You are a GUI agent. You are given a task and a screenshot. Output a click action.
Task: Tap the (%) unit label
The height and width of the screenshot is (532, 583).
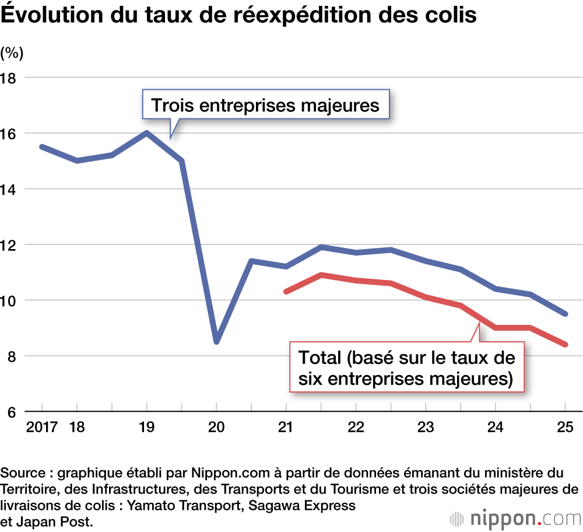pyautogui.click(x=12, y=54)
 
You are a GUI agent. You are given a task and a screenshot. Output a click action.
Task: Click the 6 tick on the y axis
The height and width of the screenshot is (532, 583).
pyautogui.click(x=11, y=412)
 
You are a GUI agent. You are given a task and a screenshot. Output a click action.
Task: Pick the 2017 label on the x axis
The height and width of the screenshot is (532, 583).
pyautogui.click(x=41, y=427)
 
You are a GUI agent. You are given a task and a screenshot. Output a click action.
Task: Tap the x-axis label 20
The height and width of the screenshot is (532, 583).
pyautogui.click(x=216, y=427)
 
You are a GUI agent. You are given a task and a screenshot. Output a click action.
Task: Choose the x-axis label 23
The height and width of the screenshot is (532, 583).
pyautogui.click(x=425, y=427)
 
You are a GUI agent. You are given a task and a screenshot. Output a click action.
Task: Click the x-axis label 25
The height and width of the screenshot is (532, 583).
pyautogui.click(x=565, y=427)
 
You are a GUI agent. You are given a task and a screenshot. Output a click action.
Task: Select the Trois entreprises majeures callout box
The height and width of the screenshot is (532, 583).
pyautogui.click(x=265, y=106)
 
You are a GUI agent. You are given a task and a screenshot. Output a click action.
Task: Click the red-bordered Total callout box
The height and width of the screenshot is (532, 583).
pyautogui.click(x=406, y=367)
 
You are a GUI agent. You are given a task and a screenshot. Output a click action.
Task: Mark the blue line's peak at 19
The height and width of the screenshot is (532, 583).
pyautogui.click(x=146, y=133)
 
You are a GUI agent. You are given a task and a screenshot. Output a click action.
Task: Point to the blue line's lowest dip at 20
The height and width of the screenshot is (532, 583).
pyautogui.click(x=216, y=342)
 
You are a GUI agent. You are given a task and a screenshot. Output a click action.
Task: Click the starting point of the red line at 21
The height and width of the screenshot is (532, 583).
pyautogui.click(x=286, y=291)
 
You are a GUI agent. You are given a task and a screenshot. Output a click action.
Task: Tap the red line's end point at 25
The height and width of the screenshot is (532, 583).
pyautogui.click(x=565, y=345)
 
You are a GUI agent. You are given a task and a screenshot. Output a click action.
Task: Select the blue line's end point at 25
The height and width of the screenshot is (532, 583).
pyautogui.click(x=565, y=314)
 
